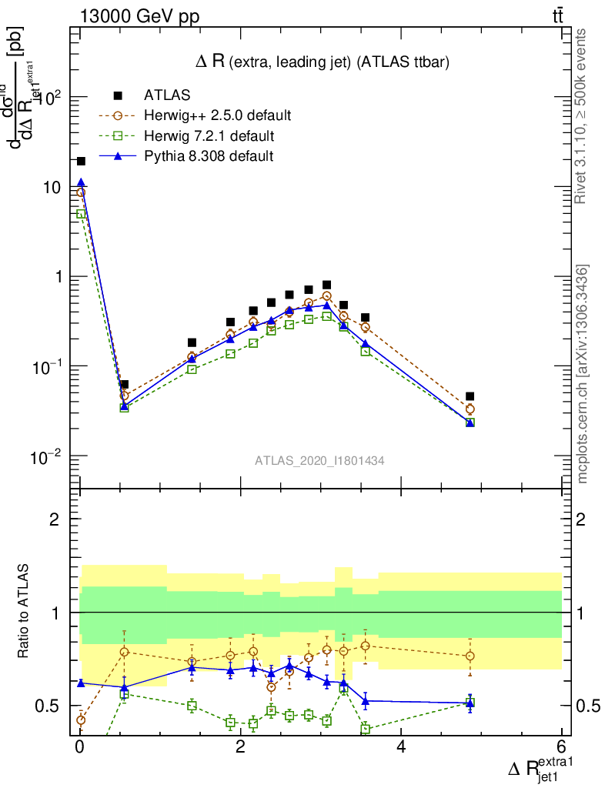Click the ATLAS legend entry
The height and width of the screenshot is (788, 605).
tap(167, 95)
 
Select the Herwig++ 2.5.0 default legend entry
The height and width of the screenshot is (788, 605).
tap(217, 115)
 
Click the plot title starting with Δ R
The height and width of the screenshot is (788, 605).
tap(323, 62)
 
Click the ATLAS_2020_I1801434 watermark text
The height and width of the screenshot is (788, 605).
tap(319, 460)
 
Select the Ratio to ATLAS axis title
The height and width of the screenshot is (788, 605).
tap(24, 612)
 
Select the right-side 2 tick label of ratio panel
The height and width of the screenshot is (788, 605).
tap(583, 519)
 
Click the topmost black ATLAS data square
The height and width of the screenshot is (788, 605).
tap(81, 161)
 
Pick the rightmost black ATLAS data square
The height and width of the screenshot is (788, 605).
tap(470, 396)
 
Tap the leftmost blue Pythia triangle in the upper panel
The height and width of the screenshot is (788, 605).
tap(81, 183)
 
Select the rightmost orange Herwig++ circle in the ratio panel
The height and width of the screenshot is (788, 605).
tap(470, 656)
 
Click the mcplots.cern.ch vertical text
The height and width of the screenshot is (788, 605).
tap(583, 375)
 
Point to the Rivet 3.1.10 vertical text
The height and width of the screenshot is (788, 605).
tap(581, 116)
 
